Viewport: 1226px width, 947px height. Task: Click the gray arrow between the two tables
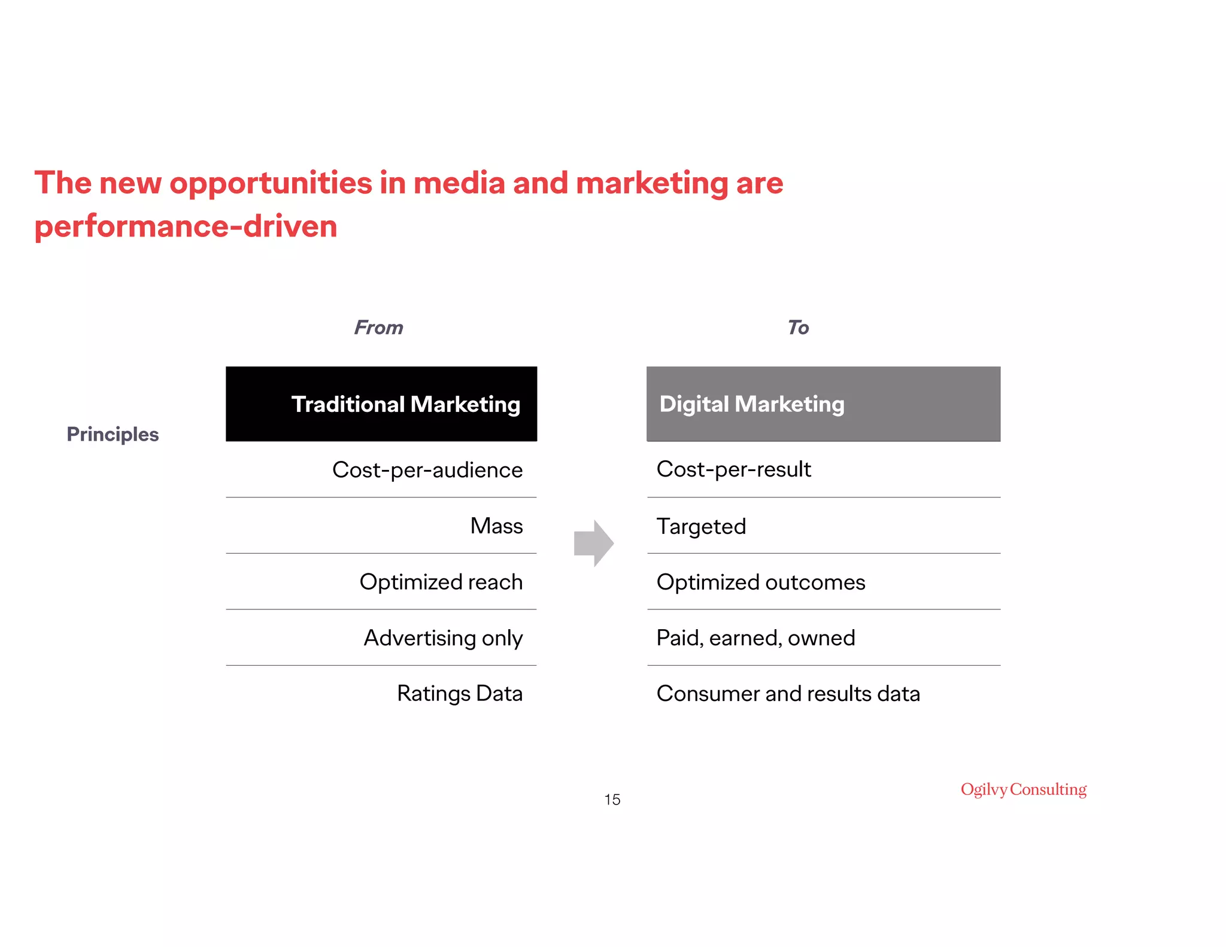click(593, 543)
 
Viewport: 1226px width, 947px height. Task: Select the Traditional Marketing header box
click(381, 404)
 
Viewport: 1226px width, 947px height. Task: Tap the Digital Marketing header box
click(823, 404)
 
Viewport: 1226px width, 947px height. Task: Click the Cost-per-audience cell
click(427, 470)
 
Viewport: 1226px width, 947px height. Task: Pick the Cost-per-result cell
click(733, 469)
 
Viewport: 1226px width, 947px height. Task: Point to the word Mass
click(496, 526)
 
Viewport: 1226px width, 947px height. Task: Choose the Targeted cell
click(701, 527)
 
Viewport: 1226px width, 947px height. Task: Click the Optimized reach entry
click(441, 582)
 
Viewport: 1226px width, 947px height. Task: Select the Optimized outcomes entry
click(761, 582)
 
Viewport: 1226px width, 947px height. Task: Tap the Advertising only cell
click(443, 638)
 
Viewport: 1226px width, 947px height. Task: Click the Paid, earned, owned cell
click(755, 638)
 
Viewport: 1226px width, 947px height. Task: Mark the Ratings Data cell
click(460, 694)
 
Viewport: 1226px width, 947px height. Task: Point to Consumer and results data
click(788, 694)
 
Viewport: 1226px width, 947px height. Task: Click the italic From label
click(378, 327)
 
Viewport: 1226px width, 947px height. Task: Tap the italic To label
click(798, 327)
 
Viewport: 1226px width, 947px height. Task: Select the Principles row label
click(113, 434)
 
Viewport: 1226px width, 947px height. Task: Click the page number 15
click(612, 800)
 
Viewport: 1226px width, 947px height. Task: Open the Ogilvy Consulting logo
click(1024, 790)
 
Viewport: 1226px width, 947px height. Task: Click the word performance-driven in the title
click(186, 227)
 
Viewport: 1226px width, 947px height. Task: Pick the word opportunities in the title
click(271, 183)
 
